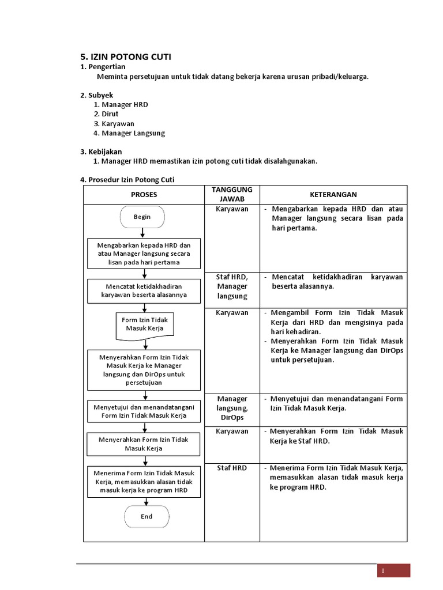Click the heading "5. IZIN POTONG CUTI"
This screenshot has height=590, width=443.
125,56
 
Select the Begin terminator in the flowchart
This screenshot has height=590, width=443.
142,217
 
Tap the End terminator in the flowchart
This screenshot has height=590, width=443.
147,516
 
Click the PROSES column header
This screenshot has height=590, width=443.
144,195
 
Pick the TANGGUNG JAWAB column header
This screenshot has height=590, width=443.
232,195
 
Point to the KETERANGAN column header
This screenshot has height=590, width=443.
333,195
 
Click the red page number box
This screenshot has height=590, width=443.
393,570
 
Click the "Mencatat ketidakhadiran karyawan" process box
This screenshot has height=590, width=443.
144,291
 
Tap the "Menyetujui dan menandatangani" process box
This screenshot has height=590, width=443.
144,411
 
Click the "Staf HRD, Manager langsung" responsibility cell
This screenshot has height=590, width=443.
232,287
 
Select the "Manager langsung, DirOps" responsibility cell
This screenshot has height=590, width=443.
232,408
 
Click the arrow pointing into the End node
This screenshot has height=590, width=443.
147,501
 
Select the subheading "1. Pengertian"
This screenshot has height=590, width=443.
102,67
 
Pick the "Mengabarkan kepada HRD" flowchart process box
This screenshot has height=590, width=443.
144,254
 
